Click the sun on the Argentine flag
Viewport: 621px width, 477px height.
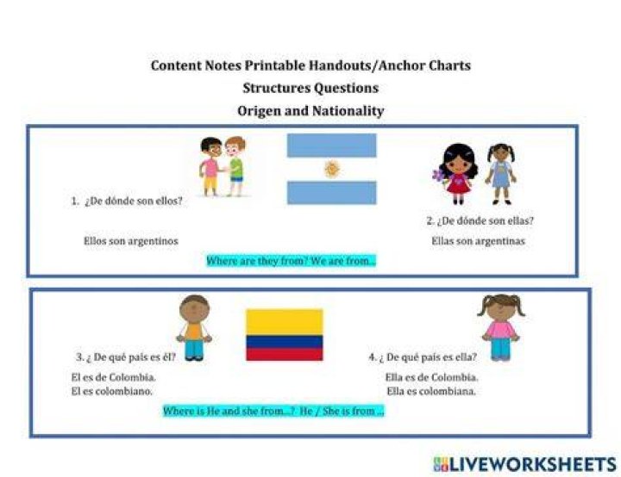coord(332,169)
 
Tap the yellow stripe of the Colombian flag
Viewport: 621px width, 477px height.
coord(285,322)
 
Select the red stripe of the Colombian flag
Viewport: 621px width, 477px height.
coord(285,355)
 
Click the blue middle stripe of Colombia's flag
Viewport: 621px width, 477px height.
coord(285,342)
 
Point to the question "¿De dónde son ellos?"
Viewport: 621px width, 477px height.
coord(134,201)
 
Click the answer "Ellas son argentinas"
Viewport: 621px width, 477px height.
coord(478,241)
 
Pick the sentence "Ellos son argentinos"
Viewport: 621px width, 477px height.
coord(131,241)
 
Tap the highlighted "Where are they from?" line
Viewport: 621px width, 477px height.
coord(292,261)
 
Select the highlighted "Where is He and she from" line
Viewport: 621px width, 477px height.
coord(273,411)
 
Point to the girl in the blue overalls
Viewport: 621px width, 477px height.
coord(501,174)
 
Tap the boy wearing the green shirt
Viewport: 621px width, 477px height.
coord(235,166)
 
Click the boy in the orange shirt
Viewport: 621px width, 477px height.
coord(194,328)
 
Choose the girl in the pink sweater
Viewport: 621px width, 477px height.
coord(501,327)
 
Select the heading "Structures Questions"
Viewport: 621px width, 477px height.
coord(310,88)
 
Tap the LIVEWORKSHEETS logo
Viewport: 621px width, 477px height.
coord(525,464)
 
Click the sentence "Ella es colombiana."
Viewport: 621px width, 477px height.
coord(431,391)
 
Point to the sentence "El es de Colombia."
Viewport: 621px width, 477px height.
coord(113,377)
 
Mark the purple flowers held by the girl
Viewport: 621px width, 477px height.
coord(439,176)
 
